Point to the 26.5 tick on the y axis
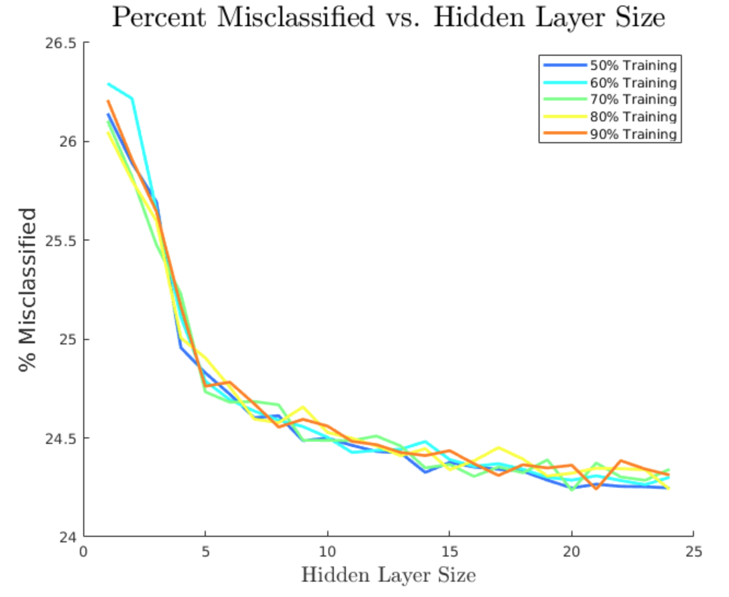pyautogui.click(x=60, y=43)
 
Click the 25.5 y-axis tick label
pyautogui.click(x=60, y=241)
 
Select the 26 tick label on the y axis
pyautogui.click(x=66, y=142)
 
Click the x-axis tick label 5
pyautogui.click(x=205, y=552)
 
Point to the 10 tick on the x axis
pyautogui.click(x=327, y=552)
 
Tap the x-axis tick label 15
pyautogui.click(x=449, y=552)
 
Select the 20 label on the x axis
pyautogui.click(x=571, y=552)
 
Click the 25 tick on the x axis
pyautogui.click(x=693, y=552)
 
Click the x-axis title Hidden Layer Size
pyautogui.click(x=388, y=575)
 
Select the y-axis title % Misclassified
pyautogui.click(x=27, y=290)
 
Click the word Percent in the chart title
pyautogui.click(x=159, y=17)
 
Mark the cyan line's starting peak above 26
pyautogui.click(x=108, y=84)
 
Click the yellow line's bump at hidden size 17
pyautogui.click(x=499, y=448)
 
